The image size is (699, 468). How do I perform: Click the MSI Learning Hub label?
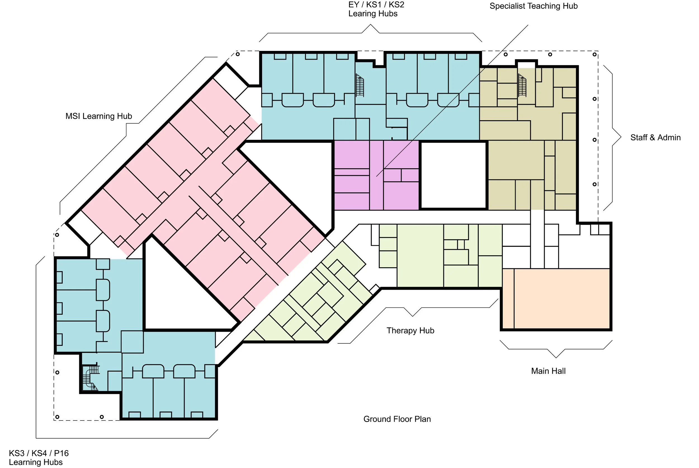[x=98, y=116]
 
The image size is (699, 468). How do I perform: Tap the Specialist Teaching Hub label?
[x=533, y=6]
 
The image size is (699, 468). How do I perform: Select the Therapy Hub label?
[x=410, y=330]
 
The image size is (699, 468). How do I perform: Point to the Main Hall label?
[x=548, y=371]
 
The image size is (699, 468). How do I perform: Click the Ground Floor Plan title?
[x=397, y=419]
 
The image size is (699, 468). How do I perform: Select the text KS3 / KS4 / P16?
[x=39, y=453]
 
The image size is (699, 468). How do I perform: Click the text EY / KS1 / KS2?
[x=376, y=5]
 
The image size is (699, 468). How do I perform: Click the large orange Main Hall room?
[x=561, y=299]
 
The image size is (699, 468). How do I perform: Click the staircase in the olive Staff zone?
[x=522, y=85]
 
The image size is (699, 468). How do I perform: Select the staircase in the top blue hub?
[x=360, y=85]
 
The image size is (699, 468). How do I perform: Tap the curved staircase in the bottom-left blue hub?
[x=90, y=378]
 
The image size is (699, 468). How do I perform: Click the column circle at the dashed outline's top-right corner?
[x=594, y=54]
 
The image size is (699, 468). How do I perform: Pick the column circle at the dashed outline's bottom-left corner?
[x=57, y=417]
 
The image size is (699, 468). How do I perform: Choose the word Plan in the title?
[x=422, y=419]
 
